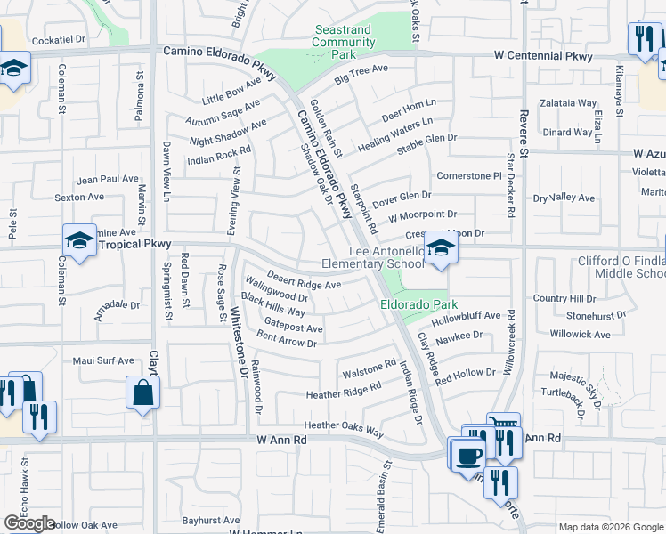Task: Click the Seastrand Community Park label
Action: click(x=343, y=42)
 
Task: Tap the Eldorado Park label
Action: click(x=413, y=303)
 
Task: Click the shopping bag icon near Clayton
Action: click(x=142, y=393)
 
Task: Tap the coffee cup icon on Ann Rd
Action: click(x=468, y=455)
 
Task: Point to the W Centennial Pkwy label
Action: click(x=543, y=56)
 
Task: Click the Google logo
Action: click(x=29, y=524)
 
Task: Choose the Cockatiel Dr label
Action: click(x=58, y=40)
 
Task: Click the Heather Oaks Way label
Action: click(x=344, y=429)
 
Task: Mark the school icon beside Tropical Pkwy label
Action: click(x=79, y=240)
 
